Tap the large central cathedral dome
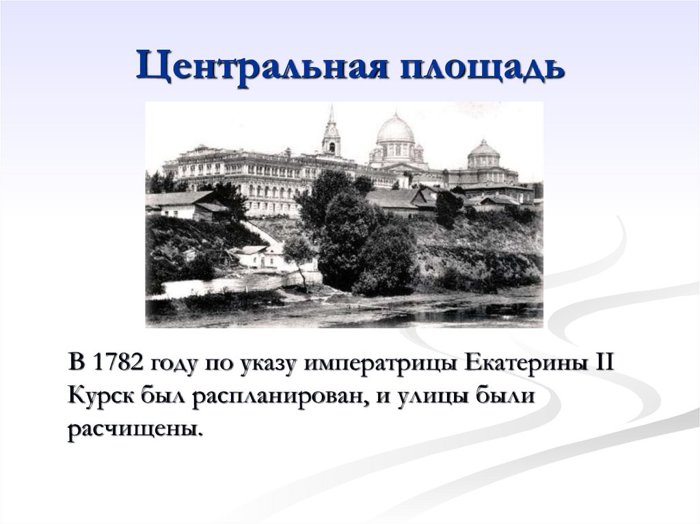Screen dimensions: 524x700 point(395,130)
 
